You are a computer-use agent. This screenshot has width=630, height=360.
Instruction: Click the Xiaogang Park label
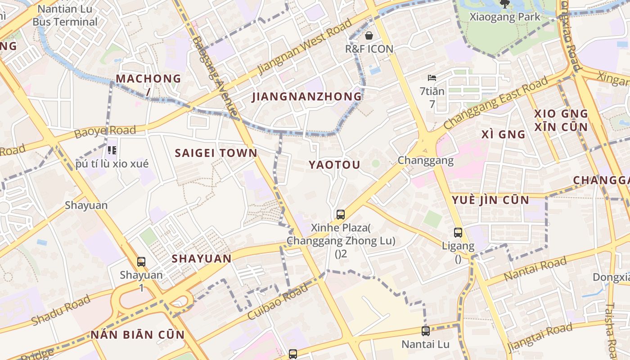tap(504, 17)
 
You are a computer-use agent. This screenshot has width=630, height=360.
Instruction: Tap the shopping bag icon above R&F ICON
tap(369, 36)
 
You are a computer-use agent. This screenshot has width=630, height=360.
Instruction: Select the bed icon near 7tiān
tap(432, 78)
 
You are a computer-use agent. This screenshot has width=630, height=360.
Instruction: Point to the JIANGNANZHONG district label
tap(307, 97)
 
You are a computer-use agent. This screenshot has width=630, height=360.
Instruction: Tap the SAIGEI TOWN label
tap(216, 153)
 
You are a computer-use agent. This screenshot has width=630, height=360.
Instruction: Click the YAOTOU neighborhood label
tap(334, 165)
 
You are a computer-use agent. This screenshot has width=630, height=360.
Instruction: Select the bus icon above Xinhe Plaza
tap(341, 215)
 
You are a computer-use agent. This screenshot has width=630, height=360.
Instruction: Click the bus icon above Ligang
tap(458, 233)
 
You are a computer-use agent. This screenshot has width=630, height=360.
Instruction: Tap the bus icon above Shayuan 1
tap(141, 261)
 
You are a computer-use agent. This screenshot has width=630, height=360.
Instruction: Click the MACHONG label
tap(148, 79)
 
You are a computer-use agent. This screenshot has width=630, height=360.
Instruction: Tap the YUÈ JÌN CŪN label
tap(490, 200)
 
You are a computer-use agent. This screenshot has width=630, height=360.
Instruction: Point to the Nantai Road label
tap(535, 269)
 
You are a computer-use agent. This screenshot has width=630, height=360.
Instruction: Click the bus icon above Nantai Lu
tap(426, 331)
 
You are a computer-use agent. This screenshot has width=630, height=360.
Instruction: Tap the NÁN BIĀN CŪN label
tap(138, 335)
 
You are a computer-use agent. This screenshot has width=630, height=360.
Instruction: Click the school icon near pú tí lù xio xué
tap(112, 150)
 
